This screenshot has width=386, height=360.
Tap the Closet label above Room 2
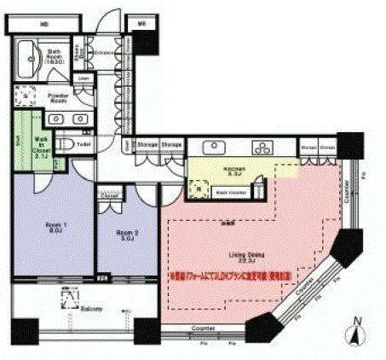pos(108,195)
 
